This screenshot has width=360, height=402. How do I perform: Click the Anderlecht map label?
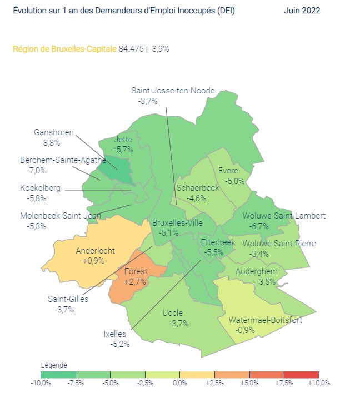point(95,251)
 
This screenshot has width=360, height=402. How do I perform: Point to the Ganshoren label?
point(54,132)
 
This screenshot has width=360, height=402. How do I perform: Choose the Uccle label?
point(172,313)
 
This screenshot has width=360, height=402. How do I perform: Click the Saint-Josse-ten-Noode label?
point(173,90)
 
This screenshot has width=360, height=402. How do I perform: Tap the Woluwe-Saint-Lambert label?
point(283,216)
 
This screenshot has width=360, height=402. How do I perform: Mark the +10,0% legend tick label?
point(319,383)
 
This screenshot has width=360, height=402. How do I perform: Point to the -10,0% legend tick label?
point(41,383)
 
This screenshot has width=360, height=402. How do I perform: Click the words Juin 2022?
point(302,11)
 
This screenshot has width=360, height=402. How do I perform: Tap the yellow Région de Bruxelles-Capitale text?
point(64,49)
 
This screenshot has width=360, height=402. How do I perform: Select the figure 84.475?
point(131,49)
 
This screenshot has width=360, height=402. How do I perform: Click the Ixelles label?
point(115,334)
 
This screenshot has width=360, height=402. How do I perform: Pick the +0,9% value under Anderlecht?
point(93,261)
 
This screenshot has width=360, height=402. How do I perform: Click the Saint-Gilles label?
point(68,299)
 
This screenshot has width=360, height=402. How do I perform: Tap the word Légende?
point(54,365)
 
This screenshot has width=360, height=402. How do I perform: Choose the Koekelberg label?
point(40,188)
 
